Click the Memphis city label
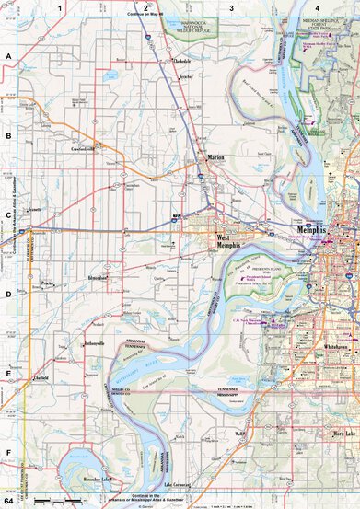point(315,229)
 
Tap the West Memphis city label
point(222,241)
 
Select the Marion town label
point(215,157)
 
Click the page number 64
point(8,502)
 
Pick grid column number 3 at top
point(231,6)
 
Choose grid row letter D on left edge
point(8,295)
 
